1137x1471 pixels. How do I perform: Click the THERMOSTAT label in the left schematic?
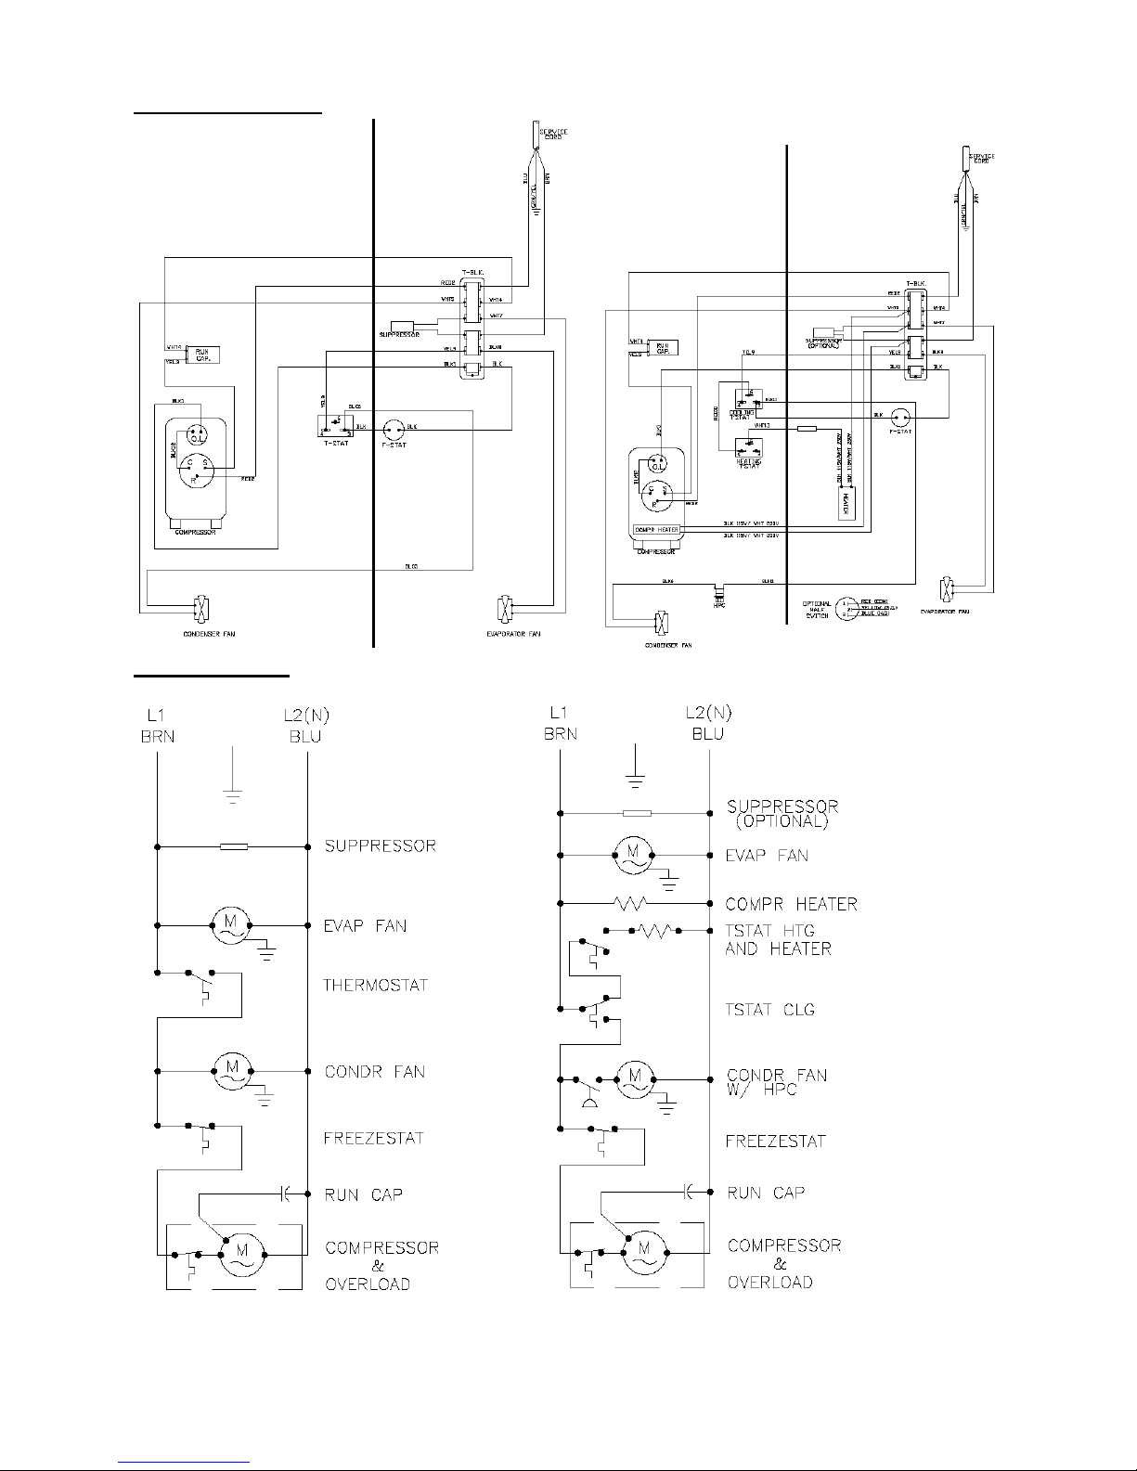(375, 985)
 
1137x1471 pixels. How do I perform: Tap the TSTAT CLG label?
(769, 1010)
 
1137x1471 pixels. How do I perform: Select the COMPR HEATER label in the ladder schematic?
(791, 904)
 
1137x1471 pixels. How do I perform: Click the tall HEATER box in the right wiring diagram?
(846, 503)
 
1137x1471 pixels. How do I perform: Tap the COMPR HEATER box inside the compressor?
(656, 530)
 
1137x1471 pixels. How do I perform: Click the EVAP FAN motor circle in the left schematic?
(228, 924)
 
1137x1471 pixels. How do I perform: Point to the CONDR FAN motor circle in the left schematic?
(228, 1071)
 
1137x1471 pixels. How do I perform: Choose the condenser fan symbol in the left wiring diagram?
(200, 610)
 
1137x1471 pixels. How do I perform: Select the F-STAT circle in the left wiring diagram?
(392, 430)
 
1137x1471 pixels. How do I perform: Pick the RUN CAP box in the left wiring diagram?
(201, 355)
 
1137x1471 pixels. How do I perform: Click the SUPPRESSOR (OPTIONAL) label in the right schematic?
(782, 813)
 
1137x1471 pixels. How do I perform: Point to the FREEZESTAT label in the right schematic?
(775, 1142)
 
